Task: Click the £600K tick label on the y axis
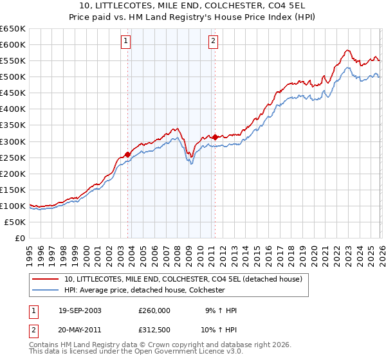[14, 44]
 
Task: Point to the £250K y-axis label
[14, 157]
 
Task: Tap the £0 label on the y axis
[20, 238]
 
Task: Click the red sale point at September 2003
[127, 154]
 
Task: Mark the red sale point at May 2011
[215, 137]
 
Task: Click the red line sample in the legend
[46, 279]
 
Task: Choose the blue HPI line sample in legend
[46, 290]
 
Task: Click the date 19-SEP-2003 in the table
[80, 310]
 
